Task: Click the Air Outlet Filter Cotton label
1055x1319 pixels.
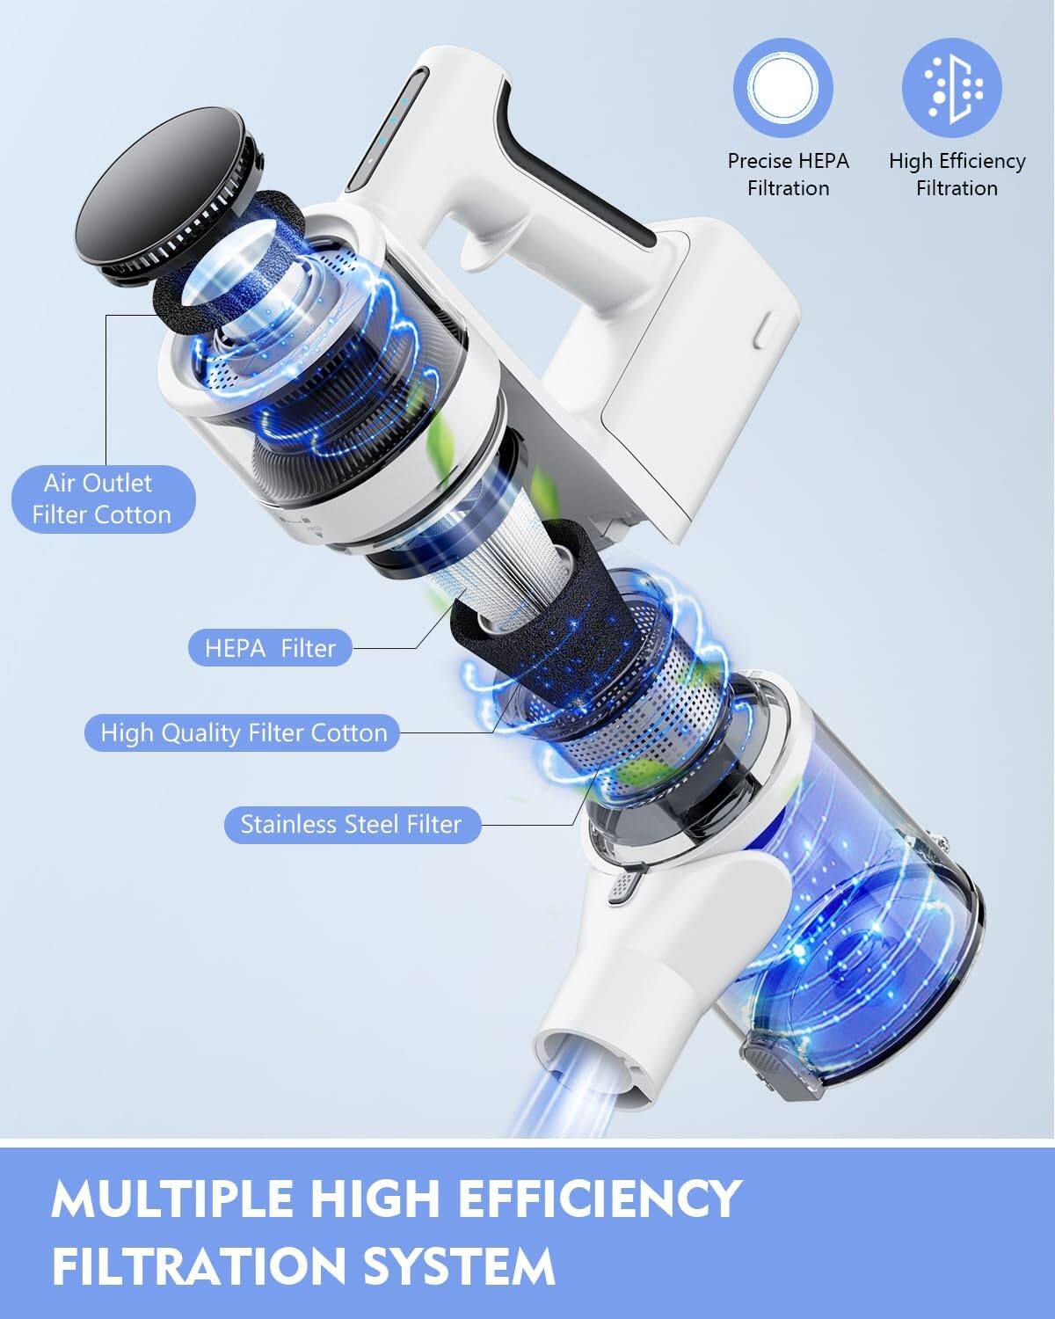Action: coord(102,499)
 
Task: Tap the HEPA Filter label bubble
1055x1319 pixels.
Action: coord(270,649)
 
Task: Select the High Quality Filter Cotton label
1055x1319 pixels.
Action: coord(244,732)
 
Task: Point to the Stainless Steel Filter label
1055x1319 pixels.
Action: coord(351,825)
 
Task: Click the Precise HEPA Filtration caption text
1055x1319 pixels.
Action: coord(788,174)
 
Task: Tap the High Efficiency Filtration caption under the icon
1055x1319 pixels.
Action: coord(957,174)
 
